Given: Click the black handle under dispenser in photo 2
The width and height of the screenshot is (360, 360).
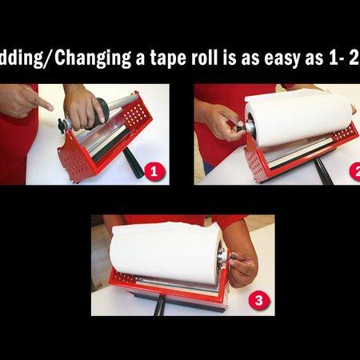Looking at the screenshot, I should pos(322,170).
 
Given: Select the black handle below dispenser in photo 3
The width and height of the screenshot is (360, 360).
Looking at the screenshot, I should pos(160,307).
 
